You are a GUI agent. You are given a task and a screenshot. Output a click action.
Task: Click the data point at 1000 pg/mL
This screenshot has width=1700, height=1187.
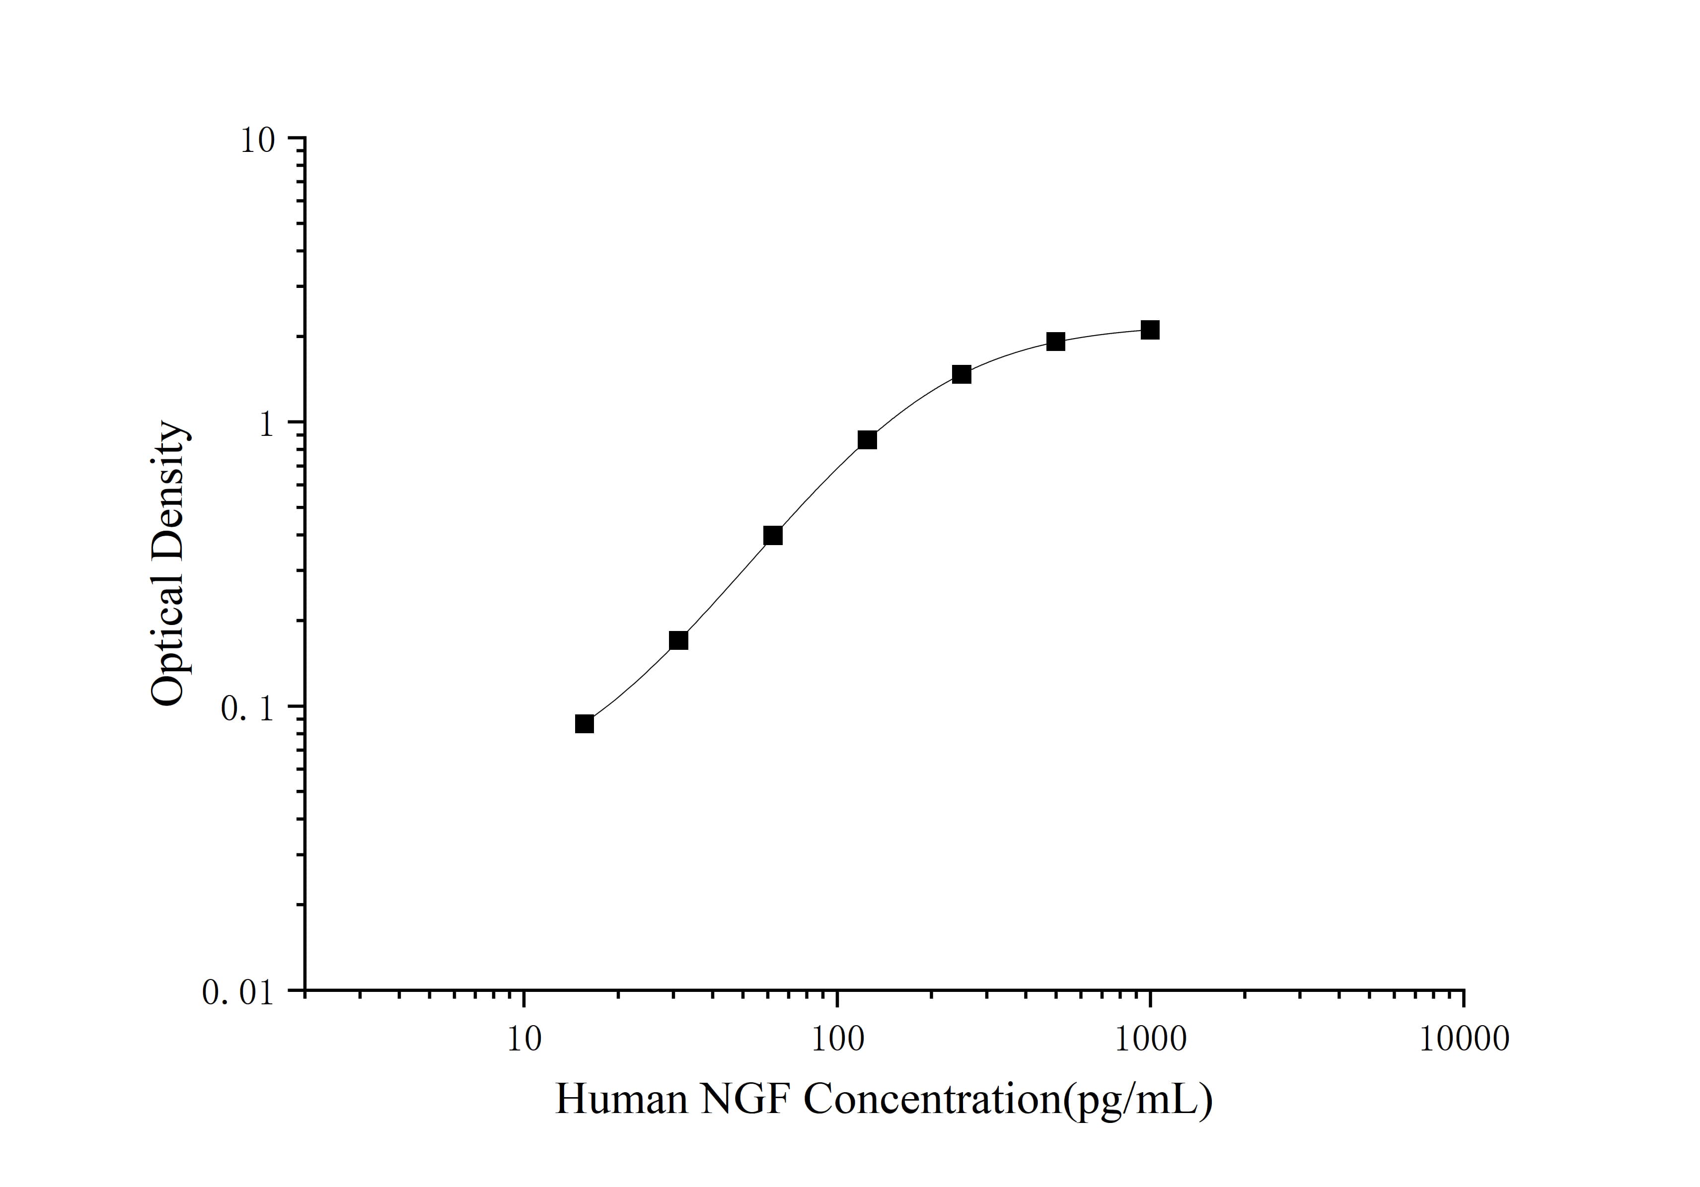coord(1150,330)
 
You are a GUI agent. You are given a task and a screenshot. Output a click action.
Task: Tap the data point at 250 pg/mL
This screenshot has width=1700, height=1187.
coord(961,374)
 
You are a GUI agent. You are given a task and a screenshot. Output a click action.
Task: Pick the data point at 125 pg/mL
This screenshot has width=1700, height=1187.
coord(867,440)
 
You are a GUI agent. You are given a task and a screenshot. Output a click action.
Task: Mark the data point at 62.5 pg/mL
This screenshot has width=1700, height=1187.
coord(773,536)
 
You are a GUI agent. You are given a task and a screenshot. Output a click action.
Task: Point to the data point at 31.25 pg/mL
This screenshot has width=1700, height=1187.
coord(678,640)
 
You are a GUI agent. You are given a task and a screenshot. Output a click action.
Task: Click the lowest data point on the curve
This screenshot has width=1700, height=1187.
coord(584,724)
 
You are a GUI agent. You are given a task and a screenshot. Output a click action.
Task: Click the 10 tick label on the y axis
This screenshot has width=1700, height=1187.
coord(256,140)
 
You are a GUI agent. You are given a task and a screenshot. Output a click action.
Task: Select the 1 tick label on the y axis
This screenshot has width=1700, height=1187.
coord(266,423)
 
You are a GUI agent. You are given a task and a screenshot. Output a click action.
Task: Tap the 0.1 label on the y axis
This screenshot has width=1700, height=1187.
coord(247,708)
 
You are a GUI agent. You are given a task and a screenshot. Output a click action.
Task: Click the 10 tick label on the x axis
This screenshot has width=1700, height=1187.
coord(524,1039)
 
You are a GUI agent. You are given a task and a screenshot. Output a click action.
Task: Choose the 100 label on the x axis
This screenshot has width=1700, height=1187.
coord(837,1039)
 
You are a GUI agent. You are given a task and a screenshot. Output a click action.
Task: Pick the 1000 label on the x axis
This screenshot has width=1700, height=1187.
coord(1150,1039)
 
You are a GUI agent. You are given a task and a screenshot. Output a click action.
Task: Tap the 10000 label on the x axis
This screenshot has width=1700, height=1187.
coord(1464,1039)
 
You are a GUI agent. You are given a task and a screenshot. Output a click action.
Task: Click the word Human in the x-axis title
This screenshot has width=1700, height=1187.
coord(621,1099)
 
